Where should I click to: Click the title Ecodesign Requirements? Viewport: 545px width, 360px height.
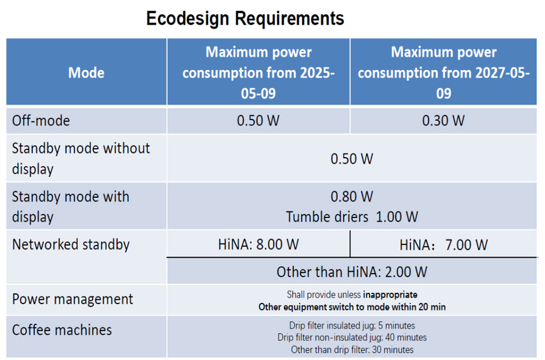click(245, 18)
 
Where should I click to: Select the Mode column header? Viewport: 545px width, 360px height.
click(86, 73)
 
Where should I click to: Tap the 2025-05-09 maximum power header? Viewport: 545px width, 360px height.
click(258, 73)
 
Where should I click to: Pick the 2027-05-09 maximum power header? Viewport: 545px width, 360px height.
click(444, 73)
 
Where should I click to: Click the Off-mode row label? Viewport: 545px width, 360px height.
click(41, 121)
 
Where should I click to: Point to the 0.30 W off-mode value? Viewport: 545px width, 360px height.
click(443, 121)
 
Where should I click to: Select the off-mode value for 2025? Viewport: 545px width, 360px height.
click(258, 121)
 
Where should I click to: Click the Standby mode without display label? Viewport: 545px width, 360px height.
click(81, 159)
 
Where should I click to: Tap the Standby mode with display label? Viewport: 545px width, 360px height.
click(71, 207)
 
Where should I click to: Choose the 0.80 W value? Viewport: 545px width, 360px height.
click(352, 197)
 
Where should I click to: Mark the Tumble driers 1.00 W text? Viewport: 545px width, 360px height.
click(352, 217)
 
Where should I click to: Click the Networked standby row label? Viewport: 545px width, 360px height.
click(71, 245)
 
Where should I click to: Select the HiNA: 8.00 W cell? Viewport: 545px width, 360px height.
click(258, 245)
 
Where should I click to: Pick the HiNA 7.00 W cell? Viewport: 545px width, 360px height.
click(444, 245)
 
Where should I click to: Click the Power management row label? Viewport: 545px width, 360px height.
click(73, 299)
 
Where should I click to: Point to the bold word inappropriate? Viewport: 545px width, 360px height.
click(390, 295)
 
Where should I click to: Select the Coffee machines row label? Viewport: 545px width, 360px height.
click(62, 330)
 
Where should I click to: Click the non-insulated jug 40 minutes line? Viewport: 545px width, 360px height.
click(352, 337)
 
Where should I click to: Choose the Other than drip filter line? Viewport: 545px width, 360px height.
click(352, 349)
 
